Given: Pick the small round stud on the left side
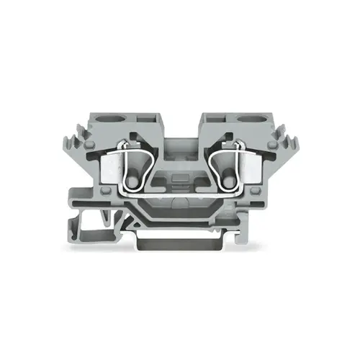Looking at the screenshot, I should coord(107,191).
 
